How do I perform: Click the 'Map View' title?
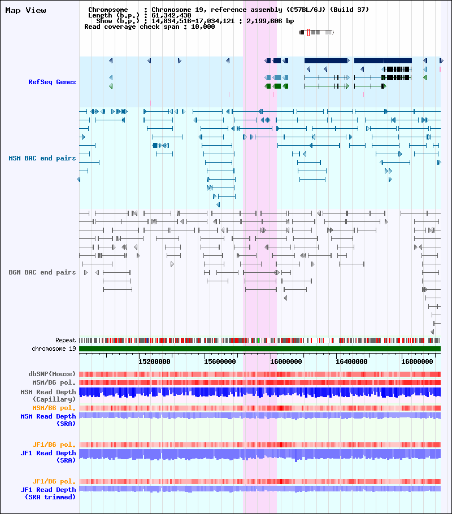(25, 10)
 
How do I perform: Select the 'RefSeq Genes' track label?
(52, 82)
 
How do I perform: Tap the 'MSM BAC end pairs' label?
(42, 158)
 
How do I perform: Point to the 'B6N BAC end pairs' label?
(42, 272)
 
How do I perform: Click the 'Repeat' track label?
(66, 341)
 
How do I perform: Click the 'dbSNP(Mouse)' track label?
(52, 374)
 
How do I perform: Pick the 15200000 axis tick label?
(155, 361)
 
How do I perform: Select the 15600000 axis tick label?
(220, 361)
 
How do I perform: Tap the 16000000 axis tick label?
(286, 361)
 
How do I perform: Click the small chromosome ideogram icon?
(316, 33)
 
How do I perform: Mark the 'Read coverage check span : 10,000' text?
(149, 27)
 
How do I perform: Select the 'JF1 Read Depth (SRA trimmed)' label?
(48, 493)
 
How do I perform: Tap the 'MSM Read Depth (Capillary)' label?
(48, 395)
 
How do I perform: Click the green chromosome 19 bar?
(260, 349)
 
